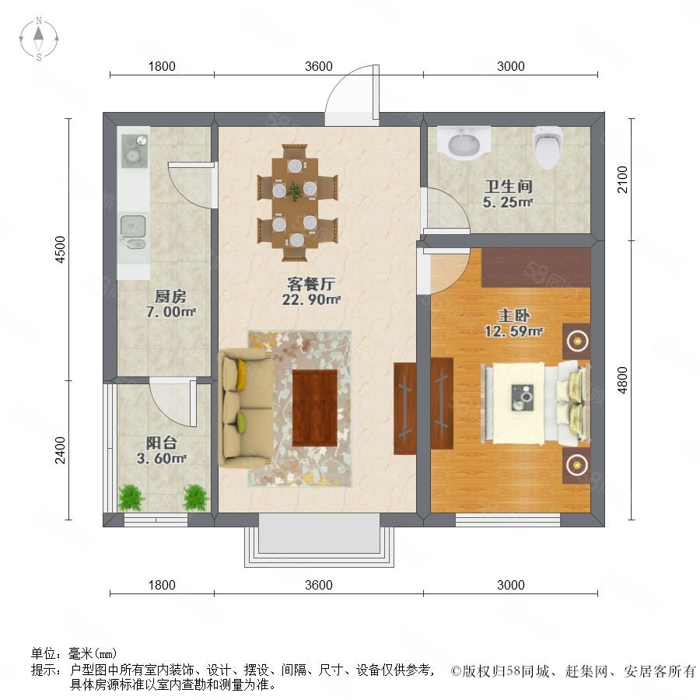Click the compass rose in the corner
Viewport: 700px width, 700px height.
tap(39, 39)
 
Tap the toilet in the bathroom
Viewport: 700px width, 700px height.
tap(548, 147)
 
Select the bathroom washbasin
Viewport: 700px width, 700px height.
tap(464, 143)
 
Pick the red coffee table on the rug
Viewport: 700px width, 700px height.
tap(315, 408)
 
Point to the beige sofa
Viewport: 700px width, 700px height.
tap(246, 408)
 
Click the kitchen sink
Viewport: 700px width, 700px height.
tap(133, 232)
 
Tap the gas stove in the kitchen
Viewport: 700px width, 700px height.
tap(135, 151)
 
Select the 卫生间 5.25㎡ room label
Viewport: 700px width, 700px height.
tap(508, 194)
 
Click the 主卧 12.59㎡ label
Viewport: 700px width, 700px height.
tap(513, 324)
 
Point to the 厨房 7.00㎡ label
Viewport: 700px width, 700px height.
tap(170, 304)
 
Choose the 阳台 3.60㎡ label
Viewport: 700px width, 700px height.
tap(162, 450)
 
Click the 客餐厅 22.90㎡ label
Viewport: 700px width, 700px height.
tap(311, 292)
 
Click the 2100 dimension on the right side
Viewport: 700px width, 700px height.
tap(622, 180)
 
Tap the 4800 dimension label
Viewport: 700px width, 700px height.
tap(622, 380)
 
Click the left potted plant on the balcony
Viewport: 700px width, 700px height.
tap(131, 497)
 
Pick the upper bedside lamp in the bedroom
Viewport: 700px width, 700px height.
tap(577, 341)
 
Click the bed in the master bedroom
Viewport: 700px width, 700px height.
tap(536, 404)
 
